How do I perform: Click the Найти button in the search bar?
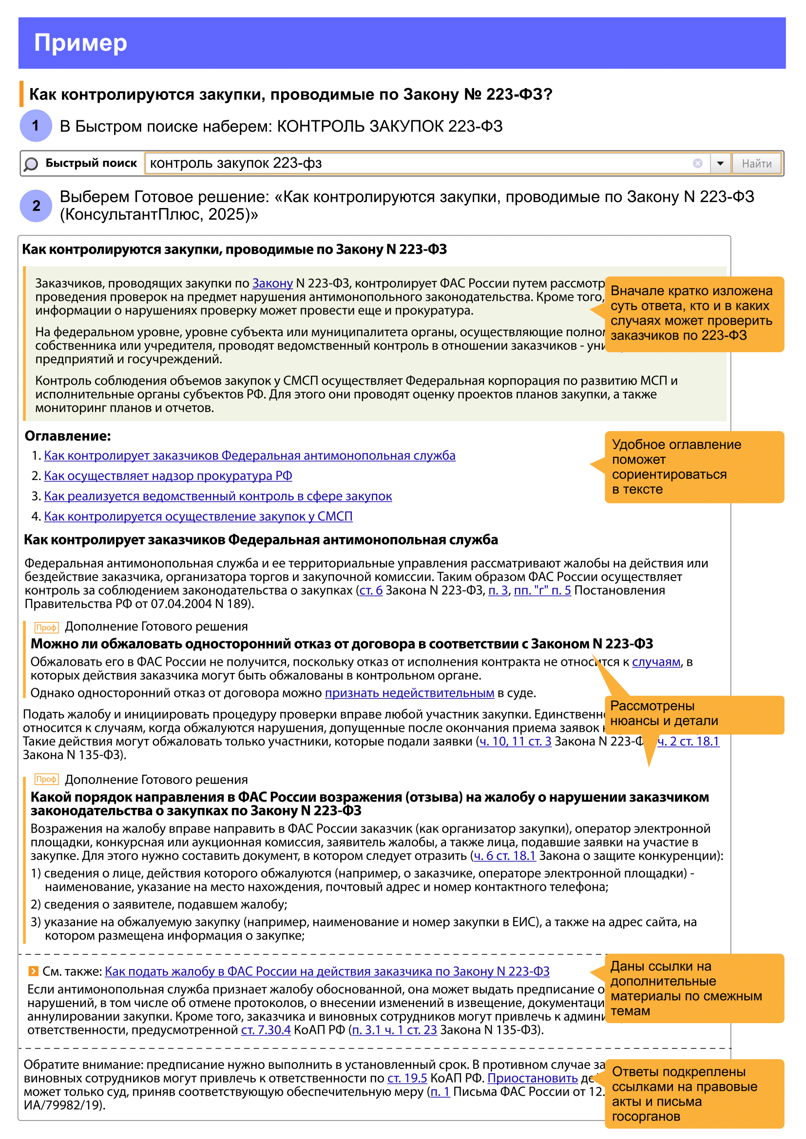(x=756, y=163)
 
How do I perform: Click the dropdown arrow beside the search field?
(x=720, y=163)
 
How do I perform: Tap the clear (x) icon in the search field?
(x=697, y=163)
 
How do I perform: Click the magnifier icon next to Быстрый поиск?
(x=31, y=164)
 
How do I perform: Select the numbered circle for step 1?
(x=36, y=126)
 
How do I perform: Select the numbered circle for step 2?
(x=36, y=205)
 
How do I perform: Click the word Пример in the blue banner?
(x=80, y=43)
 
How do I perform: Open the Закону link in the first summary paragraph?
(x=272, y=283)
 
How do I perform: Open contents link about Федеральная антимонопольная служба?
(x=249, y=455)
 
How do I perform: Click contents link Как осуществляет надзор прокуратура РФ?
(x=168, y=476)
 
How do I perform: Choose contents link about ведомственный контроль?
(x=218, y=496)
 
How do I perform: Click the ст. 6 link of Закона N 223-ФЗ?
(x=371, y=590)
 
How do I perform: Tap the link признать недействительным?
(x=409, y=693)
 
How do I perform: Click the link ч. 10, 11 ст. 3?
(x=515, y=741)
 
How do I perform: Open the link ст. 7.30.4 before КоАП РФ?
(x=266, y=1030)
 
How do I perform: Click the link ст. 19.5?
(x=407, y=1078)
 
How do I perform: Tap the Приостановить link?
(x=533, y=1078)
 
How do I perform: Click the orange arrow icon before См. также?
(x=33, y=971)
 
